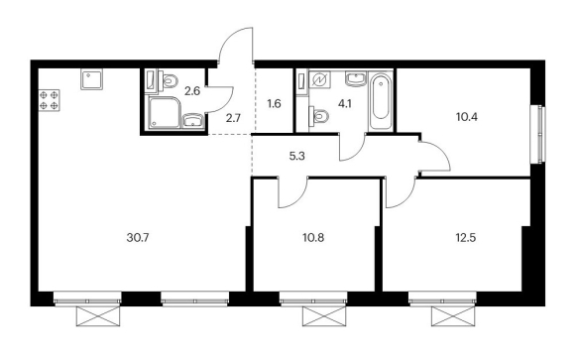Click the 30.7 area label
tap(138, 238)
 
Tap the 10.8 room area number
tap(313, 238)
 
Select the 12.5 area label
tap(466, 238)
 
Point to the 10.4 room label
tap(467, 117)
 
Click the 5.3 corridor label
tap(297, 157)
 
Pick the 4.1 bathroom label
tap(345, 104)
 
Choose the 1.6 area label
tap(275, 104)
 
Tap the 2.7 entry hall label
tap(233, 119)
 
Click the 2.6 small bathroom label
tap(192, 90)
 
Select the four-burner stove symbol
tap(49, 100)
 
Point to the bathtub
tap(381, 101)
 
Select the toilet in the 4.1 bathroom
tap(318, 116)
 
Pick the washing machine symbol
tap(319, 80)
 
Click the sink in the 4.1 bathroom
tap(356, 78)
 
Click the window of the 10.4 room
tap(539, 134)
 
